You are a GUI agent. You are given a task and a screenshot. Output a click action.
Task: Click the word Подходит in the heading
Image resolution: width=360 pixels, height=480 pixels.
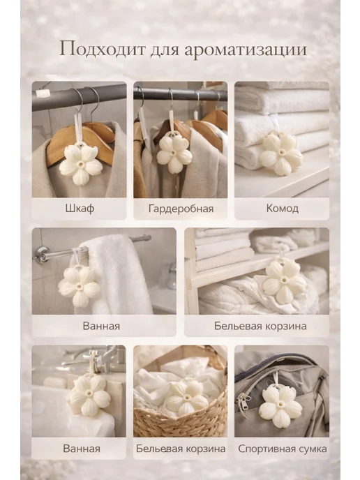pyautogui.click(x=102, y=50)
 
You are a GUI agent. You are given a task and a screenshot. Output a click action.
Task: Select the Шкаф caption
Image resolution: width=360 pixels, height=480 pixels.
pyautogui.click(x=80, y=209)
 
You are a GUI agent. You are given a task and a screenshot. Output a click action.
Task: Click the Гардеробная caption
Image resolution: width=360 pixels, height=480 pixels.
pyautogui.click(x=181, y=209)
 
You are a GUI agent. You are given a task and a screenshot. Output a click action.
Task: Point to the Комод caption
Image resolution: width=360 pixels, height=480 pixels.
pyautogui.click(x=283, y=209)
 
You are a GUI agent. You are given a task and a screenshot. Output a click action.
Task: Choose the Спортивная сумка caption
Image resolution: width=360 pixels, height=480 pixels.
pyautogui.click(x=283, y=449)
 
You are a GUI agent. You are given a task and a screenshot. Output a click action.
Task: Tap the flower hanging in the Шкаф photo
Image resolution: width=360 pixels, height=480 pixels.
pyautogui.click(x=81, y=165)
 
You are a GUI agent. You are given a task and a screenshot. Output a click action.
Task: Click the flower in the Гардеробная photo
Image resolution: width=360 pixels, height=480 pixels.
pyautogui.click(x=174, y=153)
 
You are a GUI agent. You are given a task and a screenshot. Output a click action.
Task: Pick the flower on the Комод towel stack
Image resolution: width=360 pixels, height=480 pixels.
pyautogui.click(x=281, y=154)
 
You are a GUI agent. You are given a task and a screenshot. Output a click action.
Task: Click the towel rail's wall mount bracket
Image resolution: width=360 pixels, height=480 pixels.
pyautogui.click(x=40, y=254)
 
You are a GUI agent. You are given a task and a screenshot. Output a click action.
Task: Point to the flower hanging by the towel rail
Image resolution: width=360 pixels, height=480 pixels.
pyautogui.click(x=79, y=286)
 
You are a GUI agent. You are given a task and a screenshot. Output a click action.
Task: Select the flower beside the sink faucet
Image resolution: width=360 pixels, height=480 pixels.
pyautogui.click(x=89, y=395)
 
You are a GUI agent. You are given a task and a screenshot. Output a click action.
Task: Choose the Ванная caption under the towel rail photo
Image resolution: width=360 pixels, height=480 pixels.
pyautogui.click(x=101, y=326)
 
